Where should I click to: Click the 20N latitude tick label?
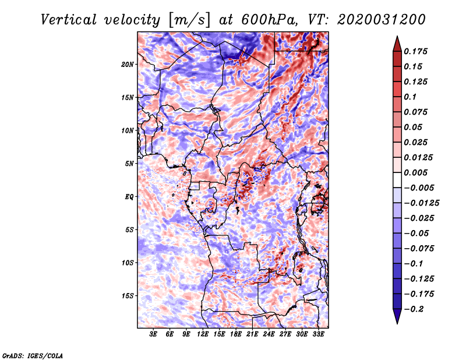pos(128,64)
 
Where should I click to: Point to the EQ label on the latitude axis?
pos(129,196)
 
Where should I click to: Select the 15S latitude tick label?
pos(128,295)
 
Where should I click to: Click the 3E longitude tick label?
pos(153,335)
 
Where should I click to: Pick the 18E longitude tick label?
pos(236,335)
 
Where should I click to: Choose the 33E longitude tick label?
pos(319,335)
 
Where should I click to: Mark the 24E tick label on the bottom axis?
pos(269,335)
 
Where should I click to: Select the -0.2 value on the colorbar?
pos(415,309)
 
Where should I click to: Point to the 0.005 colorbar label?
pos(417,172)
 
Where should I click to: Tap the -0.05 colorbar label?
pos(417,233)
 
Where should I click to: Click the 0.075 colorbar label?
pos(417,112)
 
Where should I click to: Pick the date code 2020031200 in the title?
pos(372,19)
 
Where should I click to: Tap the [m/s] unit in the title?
pos(189,19)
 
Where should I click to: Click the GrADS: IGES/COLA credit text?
pos(32,354)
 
